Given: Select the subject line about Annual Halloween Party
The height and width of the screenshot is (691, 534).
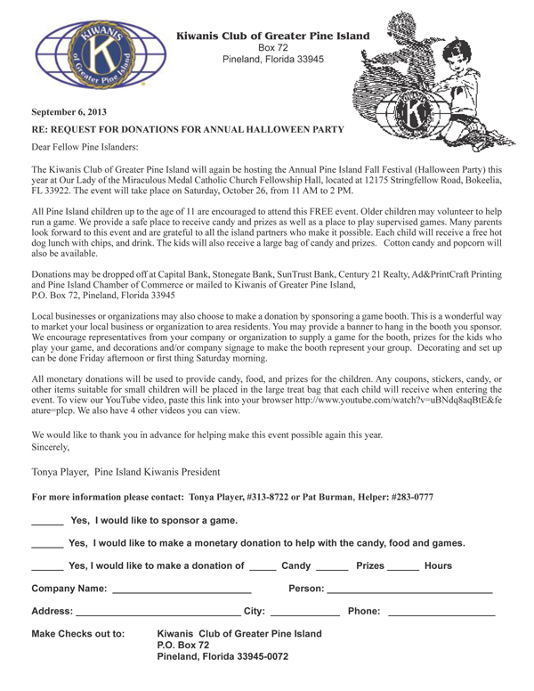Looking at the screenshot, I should [x=188, y=130].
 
